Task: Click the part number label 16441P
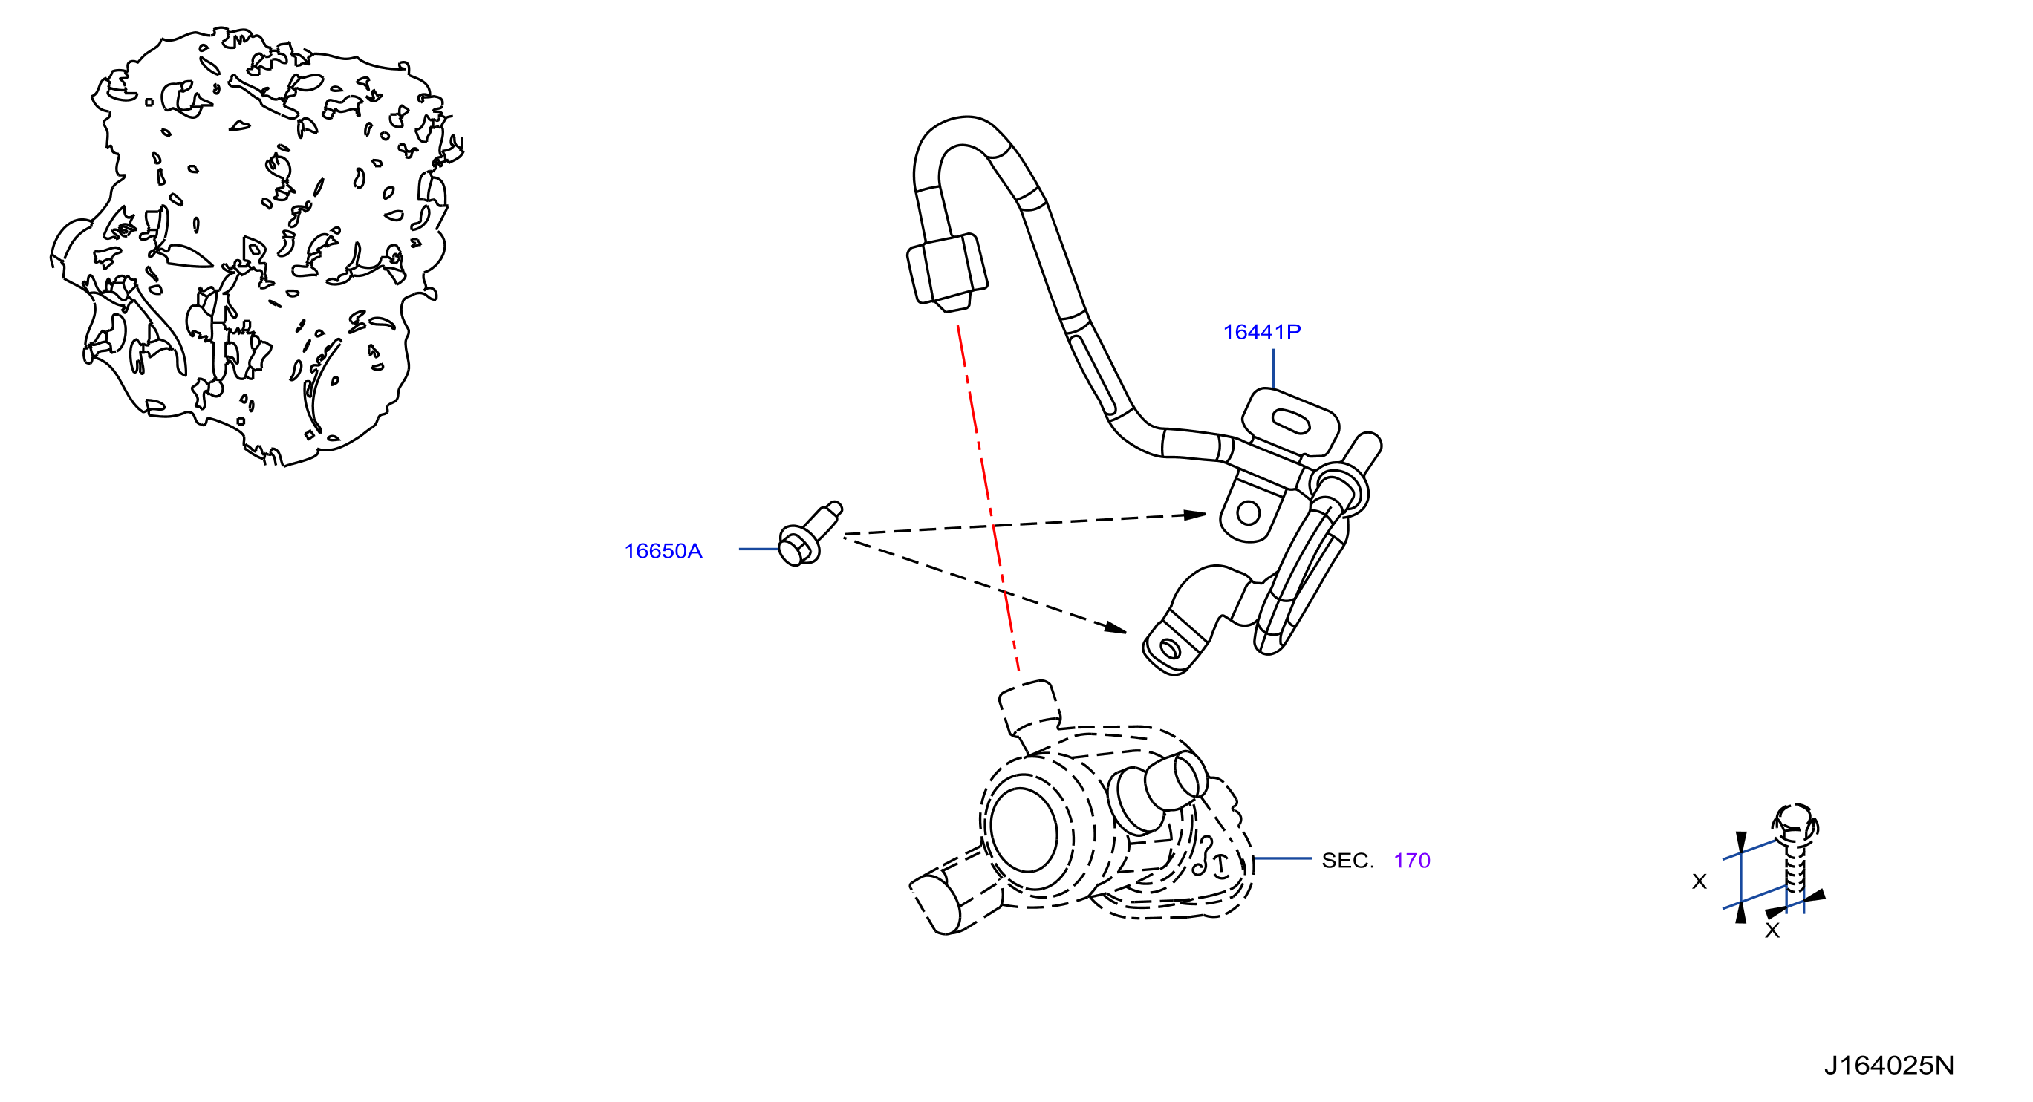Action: pos(1261,332)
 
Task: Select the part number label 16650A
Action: pos(663,550)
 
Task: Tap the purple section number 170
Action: pos(1411,860)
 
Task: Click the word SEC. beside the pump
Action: pos(1347,860)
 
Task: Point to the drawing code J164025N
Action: pos(1889,1065)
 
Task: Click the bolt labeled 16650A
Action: pos(810,534)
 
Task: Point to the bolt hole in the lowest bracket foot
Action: pos(1171,649)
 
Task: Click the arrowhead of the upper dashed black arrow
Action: pos(1195,515)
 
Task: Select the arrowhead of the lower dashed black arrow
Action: pos(1115,628)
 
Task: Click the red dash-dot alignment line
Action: pos(988,498)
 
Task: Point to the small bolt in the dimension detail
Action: pos(1795,856)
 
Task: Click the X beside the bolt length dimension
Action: pos(1699,881)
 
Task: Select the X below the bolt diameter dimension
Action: pos(1772,930)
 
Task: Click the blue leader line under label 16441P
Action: pos(1273,368)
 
